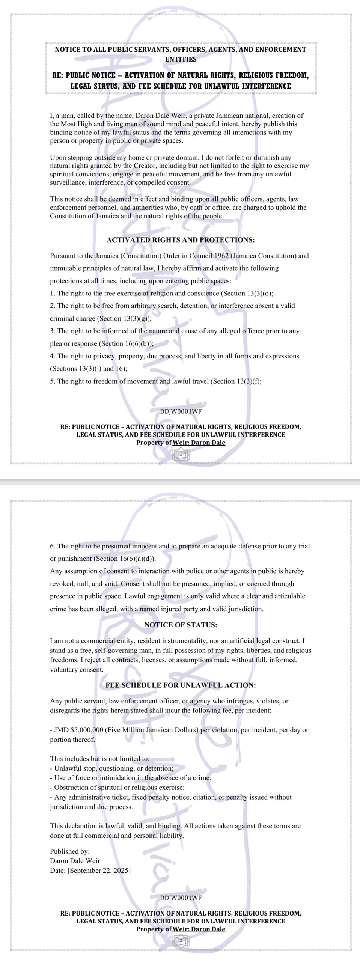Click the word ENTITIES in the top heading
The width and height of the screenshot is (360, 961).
(x=181, y=59)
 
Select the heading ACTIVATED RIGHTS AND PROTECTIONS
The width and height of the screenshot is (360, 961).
(x=181, y=240)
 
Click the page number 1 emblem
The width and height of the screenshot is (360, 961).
(x=181, y=454)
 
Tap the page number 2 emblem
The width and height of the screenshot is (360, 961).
(x=181, y=941)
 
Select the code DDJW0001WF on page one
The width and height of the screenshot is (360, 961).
(x=181, y=411)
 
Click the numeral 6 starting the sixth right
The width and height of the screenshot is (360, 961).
(x=52, y=546)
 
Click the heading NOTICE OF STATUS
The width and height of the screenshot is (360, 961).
(x=181, y=625)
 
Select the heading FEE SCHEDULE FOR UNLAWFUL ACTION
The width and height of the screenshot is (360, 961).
(x=181, y=685)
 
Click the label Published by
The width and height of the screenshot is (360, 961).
(x=70, y=851)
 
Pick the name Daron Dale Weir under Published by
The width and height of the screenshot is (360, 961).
(x=75, y=861)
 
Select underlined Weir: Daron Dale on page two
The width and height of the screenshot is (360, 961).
(x=199, y=929)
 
